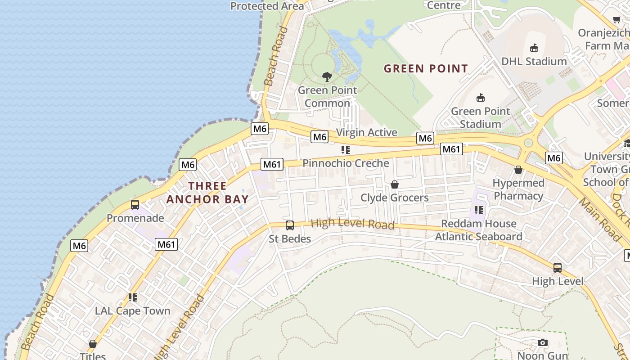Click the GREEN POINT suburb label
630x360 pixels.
pyautogui.click(x=426, y=68)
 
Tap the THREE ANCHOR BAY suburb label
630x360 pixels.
pyautogui.click(x=207, y=192)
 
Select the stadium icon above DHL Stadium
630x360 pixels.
pyautogui.click(x=534, y=48)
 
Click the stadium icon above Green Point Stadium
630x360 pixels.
pyautogui.click(x=481, y=98)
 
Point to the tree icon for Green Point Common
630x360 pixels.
pyautogui.click(x=327, y=76)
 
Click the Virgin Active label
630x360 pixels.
pyautogui.click(x=367, y=132)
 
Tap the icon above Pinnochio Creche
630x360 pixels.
pyautogui.click(x=345, y=150)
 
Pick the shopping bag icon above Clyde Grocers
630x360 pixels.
pyautogui.click(x=395, y=184)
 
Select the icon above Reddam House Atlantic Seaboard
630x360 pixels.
pyautogui.click(x=478, y=210)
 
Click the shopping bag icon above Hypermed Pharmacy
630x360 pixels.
pyautogui.click(x=518, y=170)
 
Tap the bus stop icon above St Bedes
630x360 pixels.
pyautogui.click(x=290, y=225)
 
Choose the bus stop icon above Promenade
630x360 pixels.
pyautogui.click(x=135, y=205)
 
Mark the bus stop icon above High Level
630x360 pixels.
pyautogui.click(x=558, y=268)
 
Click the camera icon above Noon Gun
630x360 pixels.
pyautogui.click(x=543, y=343)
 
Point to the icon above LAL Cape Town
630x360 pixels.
pyautogui.click(x=132, y=297)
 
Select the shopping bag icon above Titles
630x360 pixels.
pyautogui.click(x=93, y=344)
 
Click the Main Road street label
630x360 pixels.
pyautogui.click(x=600, y=218)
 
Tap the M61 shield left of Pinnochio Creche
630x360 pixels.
pyautogui.click(x=272, y=164)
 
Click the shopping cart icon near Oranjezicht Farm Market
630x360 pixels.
pyautogui.click(x=616, y=20)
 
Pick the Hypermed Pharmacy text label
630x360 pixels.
pyautogui.click(x=518, y=189)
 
